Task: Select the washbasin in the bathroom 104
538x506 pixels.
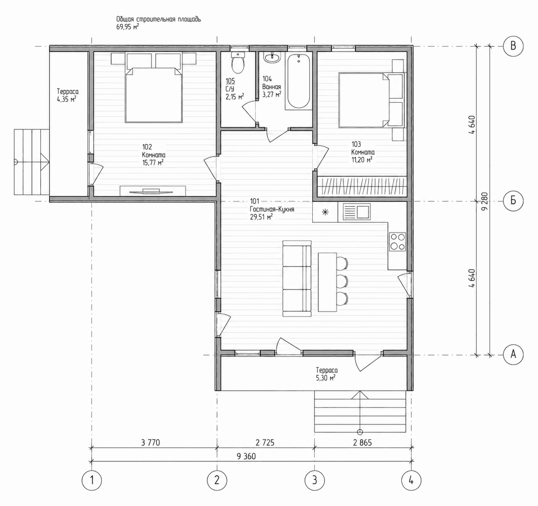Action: pos(272,58)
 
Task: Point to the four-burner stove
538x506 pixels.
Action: pos(397,242)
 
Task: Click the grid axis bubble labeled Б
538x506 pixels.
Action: pos(513,201)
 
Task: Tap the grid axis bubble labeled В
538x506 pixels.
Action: pos(513,46)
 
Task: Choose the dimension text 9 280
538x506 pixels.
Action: pos(485,201)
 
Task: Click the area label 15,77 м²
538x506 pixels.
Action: pos(153,163)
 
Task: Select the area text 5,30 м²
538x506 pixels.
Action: pos(326,378)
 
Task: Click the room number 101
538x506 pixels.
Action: pos(254,201)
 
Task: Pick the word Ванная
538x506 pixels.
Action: pos(271,87)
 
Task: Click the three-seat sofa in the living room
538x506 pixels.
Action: pos(296,278)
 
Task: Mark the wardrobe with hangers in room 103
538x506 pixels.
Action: pos(362,186)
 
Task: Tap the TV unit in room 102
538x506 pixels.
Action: pos(153,191)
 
